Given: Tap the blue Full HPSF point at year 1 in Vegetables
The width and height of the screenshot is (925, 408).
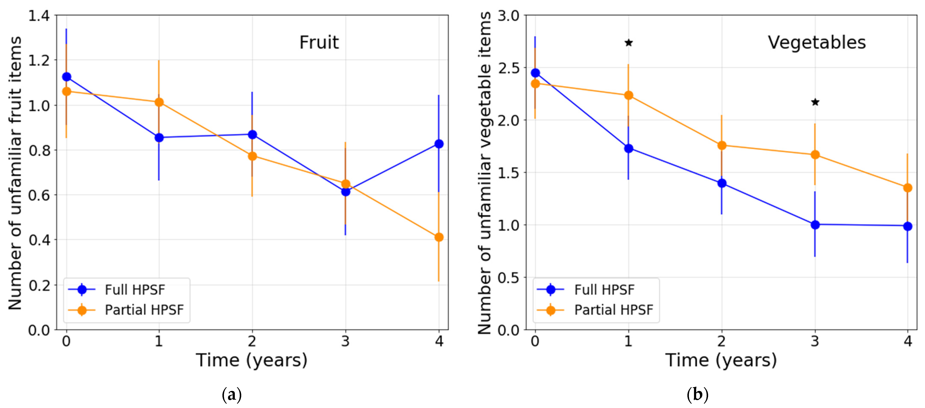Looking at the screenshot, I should click(x=628, y=148).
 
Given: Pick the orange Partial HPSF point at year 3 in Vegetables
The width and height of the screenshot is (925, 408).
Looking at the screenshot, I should click(x=815, y=155).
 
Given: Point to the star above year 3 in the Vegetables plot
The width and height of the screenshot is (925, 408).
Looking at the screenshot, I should click(x=815, y=102).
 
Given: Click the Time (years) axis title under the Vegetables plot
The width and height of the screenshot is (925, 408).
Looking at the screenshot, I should click(x=721, y=360).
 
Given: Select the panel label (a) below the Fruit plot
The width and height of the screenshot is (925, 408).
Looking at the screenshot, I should click(x=232, y=395).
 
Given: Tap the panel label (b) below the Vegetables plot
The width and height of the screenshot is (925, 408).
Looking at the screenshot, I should click(x=697, y=395).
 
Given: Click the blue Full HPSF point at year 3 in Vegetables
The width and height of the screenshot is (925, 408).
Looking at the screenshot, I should click(x=815, y=225).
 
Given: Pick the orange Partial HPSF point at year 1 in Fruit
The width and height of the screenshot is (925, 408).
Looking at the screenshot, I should click(x=159, y=102).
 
